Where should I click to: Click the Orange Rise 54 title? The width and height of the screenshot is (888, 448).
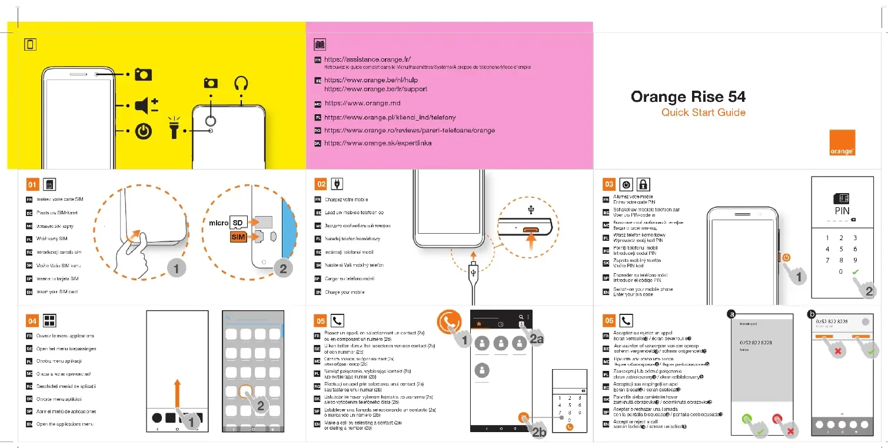click(688, 97)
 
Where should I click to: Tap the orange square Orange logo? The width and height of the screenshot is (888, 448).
click(842, 143)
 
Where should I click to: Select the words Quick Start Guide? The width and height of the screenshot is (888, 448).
click(703, 112)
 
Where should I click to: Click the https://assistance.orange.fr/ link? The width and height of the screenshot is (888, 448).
click(367, 59)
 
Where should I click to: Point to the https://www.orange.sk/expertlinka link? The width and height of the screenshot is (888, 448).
click(378, 143)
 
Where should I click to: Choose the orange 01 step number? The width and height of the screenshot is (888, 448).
click(33, 185)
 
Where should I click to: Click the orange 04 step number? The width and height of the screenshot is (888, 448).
click(33, 321)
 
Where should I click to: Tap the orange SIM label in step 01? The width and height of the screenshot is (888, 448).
click(238, 237)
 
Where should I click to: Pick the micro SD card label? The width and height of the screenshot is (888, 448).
click(227, 223)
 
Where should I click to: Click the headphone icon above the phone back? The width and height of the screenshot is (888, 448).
click(241, 84)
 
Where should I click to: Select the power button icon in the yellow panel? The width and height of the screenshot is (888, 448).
click(144, 131)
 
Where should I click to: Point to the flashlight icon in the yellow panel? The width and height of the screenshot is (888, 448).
click(174, 128)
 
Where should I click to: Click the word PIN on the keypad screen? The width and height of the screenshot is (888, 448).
click(842, 211)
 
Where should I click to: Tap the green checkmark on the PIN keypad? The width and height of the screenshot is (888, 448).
click(855, 272)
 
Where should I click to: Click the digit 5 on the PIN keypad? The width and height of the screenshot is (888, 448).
click(841, 249)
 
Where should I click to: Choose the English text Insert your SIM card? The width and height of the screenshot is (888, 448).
click(57, 292)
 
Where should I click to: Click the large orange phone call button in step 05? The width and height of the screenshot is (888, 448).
click(448, 322)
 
